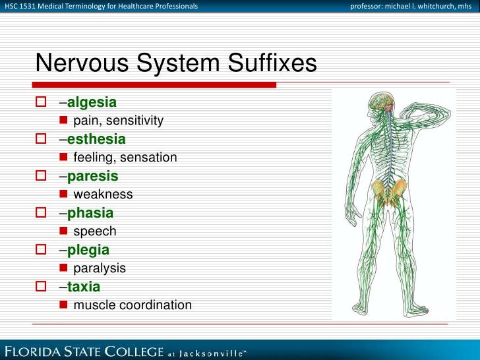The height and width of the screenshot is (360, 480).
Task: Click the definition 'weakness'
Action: (103, 195)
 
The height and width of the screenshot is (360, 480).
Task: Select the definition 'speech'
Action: (95, 231)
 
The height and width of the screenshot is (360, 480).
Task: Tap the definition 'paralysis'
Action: (100, 268)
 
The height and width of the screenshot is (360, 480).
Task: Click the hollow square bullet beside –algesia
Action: (42, 102)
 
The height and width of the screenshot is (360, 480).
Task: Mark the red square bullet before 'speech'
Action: (63, 231)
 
